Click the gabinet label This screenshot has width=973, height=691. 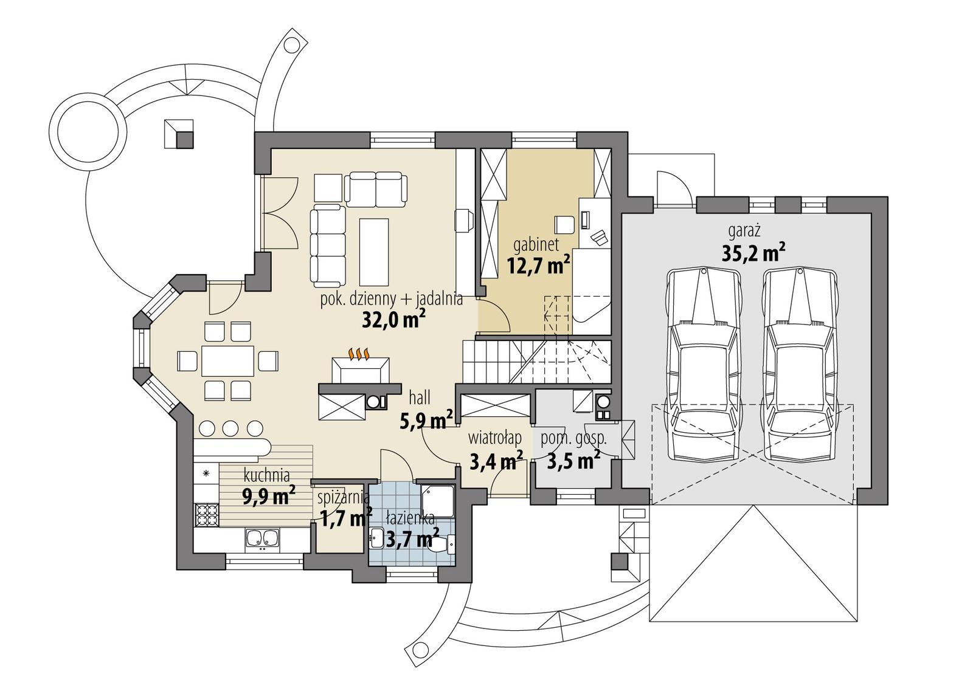pos(536,246)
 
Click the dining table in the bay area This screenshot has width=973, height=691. pos(227,361)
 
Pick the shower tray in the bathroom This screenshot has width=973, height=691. pos(436,501)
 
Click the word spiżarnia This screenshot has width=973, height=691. pos(344,497)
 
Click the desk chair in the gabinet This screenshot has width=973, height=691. pos(564,224)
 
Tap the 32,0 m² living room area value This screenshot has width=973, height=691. pos(393,320)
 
